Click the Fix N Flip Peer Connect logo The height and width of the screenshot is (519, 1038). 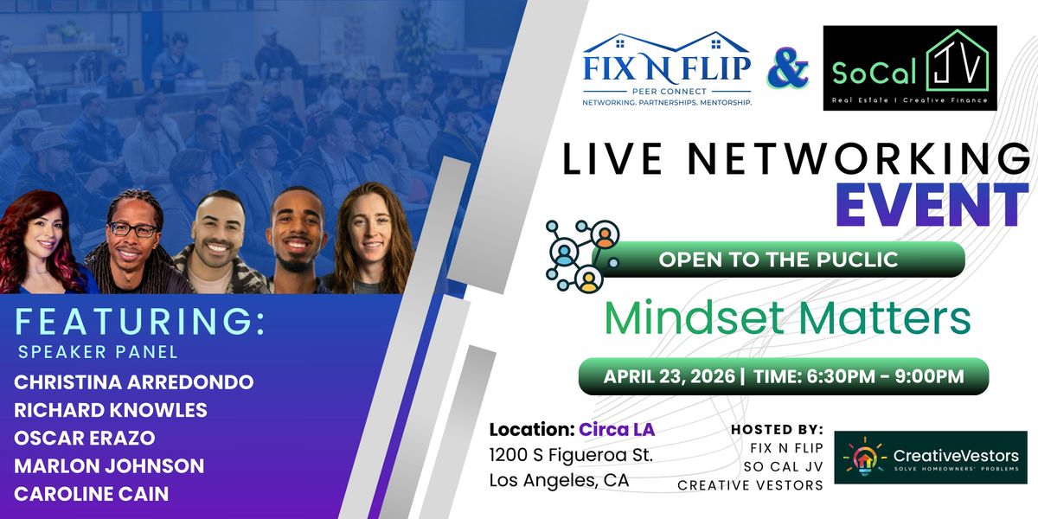tap(667, 69)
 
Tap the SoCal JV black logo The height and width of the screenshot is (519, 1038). tap(910, 68)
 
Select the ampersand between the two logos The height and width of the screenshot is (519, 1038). tap(788, 68)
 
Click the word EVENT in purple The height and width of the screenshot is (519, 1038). tap(932, 204)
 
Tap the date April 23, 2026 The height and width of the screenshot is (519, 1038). tap(670, 376)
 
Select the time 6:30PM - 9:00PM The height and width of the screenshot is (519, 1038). tap(885, 376)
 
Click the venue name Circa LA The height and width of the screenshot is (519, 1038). tap(617, 430)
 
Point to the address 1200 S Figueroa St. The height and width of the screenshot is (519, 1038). tap(571, 455)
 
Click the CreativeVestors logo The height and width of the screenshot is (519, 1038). tap(931, 458)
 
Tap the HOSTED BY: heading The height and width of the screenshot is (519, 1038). tap(777, 430)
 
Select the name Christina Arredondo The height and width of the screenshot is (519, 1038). tap(133, 382)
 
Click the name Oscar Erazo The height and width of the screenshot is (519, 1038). tap(85, 438)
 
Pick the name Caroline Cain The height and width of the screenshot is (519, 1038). tap(92, 494)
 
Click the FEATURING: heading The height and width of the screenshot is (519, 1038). tap(140, 321)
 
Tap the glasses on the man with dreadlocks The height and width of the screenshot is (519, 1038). tap(133, 229)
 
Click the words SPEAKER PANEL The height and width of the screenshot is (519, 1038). tap(98, 352)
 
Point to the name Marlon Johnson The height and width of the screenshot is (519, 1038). tap(109, 465)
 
